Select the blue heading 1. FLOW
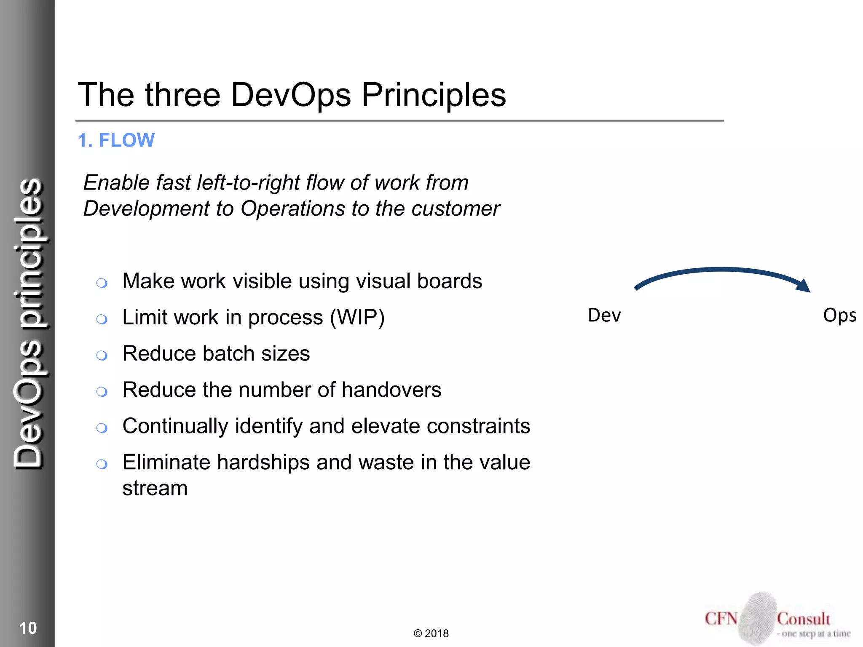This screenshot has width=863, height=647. click(x=116, y=140)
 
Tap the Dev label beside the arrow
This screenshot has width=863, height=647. click(x=604, y=315)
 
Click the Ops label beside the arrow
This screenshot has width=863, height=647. click(x=839, y=315)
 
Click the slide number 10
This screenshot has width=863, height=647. click(x=28, y=628)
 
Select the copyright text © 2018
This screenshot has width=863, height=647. click(x=431, y=634)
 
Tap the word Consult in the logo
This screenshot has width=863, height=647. click(x=803, y=619)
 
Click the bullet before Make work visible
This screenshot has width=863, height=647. click(x=102, y=283)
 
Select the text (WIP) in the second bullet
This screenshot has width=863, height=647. click(x=357, y=317)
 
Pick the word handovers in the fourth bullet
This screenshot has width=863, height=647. click(x=391, y=390)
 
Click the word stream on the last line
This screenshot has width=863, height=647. click(x=155, y=488)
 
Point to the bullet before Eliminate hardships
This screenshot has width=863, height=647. click(x=102, y=464)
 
